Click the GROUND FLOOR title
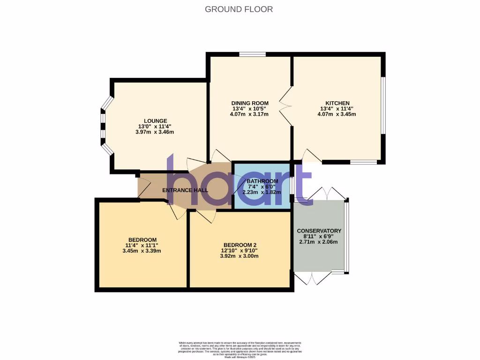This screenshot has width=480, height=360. tap(239, 9)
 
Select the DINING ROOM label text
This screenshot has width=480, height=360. tap(250, 103)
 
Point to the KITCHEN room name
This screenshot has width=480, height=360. tap(337, 103)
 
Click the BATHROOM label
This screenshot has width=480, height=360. tap(262, 181)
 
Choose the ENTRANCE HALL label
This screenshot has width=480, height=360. tap(185, 190)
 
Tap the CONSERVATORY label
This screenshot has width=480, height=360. tap(319, 231)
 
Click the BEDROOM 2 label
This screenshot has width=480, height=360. tap(240, 245)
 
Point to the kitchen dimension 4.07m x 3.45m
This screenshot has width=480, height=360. tap(337, 114)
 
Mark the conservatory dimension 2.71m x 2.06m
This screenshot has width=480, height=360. tap(319, 242)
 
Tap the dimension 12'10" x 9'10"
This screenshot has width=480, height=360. tap(240, 250)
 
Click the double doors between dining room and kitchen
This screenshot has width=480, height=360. tap(285, 106)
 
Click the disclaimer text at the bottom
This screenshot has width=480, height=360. tap(240, 350)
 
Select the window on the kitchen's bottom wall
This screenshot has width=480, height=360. tap(364, 162)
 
